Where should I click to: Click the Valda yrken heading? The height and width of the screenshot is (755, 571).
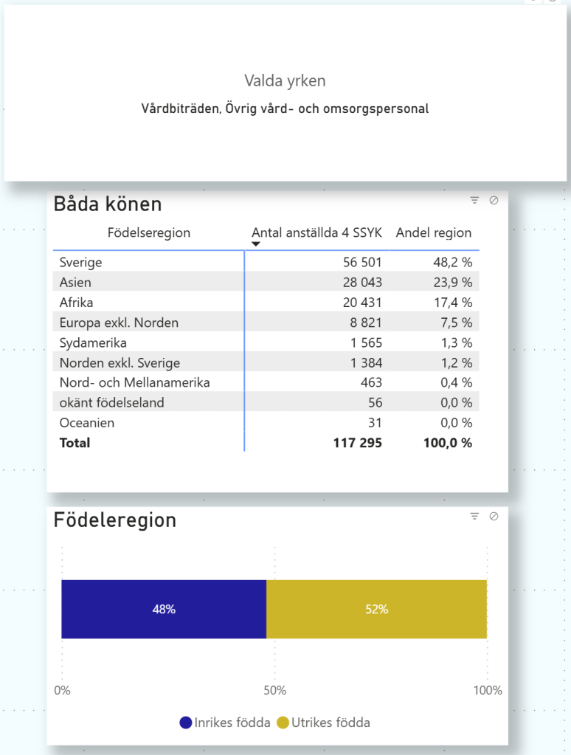point(285,80)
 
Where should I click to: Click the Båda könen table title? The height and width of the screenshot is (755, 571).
point(108,204)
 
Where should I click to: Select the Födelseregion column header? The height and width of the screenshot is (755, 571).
point(149,232)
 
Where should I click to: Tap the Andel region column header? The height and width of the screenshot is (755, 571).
point(433,232)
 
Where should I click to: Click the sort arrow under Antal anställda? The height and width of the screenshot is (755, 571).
point(256,244)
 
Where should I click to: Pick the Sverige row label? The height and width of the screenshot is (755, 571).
point(81,262)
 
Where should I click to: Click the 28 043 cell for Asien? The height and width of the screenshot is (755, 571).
point(362,282)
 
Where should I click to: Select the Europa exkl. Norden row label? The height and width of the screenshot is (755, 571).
point(119,323)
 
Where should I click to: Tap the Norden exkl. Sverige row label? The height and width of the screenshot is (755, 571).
point(120,362)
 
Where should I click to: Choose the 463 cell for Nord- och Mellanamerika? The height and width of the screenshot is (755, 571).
point(372,382)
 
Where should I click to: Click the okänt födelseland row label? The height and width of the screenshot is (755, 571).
point(111,402)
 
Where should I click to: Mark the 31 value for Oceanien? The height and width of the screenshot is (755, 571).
point(375,423)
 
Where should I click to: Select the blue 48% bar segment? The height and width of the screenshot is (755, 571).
point(164,609)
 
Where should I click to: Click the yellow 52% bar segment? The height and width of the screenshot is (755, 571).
point(376,609)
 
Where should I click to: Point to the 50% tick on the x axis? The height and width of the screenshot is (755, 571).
point(274,691)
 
